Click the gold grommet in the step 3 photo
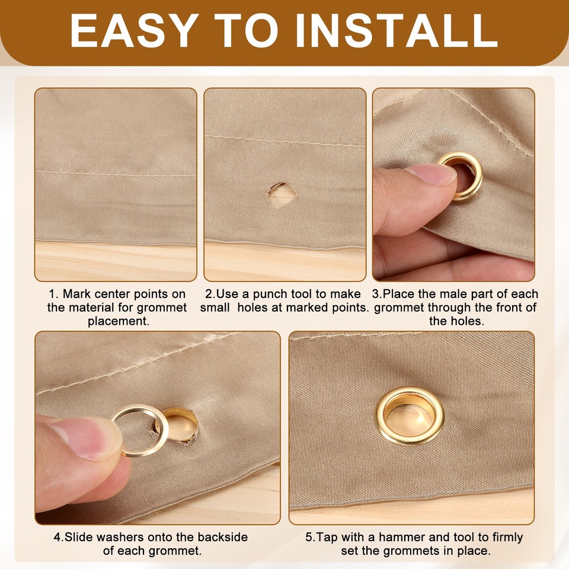[460, 176]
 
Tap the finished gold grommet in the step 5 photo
[410, 415]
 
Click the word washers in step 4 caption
[118, 538]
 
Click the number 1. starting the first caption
[54, 294]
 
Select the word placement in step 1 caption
[118, 321]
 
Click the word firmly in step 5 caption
[505, 538]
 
